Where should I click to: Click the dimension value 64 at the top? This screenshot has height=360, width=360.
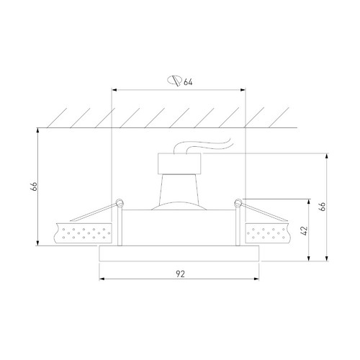[188, 82]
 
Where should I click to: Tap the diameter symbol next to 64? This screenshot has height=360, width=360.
[174, 81]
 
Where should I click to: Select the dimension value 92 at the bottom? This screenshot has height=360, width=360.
[180, 274]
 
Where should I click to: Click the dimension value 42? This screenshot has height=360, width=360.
[304, 230]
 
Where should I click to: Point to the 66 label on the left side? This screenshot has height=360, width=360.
[34, 186]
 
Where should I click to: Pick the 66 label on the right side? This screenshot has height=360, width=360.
[323, 207]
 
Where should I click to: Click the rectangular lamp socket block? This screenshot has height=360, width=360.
[179, 163]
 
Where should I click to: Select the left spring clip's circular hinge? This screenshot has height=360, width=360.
[120, 203]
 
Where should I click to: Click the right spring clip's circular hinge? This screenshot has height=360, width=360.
[238, 203]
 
